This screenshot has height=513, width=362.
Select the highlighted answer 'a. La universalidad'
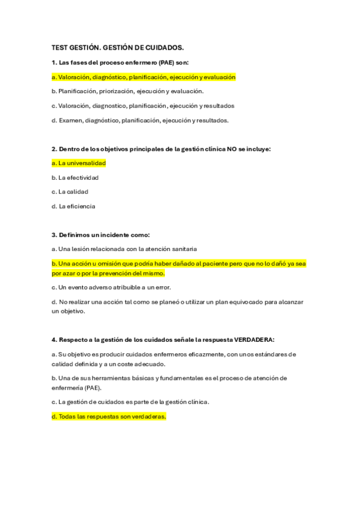[79, 163]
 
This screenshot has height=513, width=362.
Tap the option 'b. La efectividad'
[75, 178]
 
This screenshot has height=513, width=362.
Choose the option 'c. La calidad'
[70, 192]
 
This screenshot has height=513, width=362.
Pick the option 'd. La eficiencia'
[73, 206]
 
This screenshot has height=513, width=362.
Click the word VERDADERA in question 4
[254, 339]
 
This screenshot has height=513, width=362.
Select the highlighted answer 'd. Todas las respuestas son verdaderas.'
[109, 417]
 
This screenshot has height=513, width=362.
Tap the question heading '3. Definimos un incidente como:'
[100, 235]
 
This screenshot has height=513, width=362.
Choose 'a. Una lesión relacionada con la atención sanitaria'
[124, 249]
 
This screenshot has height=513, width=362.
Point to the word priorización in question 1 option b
[119, 91]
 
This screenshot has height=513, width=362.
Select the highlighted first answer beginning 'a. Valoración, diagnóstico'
[144, 77]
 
